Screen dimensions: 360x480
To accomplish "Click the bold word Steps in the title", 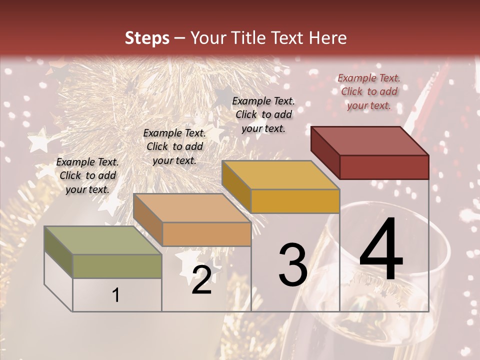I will coord(146,38).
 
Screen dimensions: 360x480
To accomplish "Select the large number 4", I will coord(381,250).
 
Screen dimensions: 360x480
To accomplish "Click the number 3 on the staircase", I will coord(292,265).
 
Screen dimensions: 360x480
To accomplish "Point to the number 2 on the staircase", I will coord(201,280).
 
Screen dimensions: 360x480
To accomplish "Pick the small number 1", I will coord(116,295).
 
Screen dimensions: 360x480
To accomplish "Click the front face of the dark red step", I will coord(384,167).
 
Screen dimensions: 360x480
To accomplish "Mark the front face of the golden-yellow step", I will coord(295,201).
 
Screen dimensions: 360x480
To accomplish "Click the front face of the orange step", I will coord(206,234).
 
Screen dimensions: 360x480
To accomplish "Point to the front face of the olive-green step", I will coord(117,266).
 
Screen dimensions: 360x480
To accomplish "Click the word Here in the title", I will coord(328,38).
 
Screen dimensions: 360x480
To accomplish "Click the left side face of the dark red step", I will coord(325,152).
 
